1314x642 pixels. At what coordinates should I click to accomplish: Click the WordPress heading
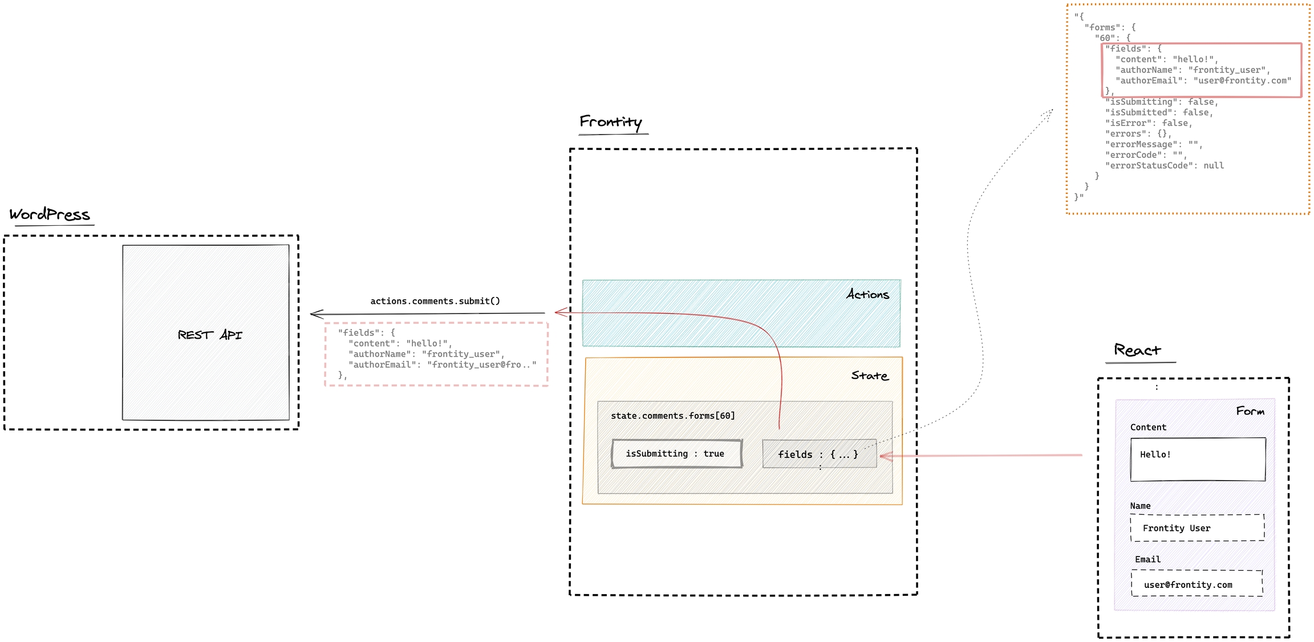pos(50,214)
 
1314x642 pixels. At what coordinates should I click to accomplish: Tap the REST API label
pos(210,335)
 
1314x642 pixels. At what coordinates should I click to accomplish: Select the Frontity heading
pos(611,122)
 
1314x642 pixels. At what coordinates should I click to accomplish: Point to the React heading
pos(1137,350)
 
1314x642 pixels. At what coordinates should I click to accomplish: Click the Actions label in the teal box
pos(867,294)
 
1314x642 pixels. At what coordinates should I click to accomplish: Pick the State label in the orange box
pos(870,375)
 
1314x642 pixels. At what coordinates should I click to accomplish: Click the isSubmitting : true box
pos(676,454)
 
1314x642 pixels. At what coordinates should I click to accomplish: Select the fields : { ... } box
pos(819,454)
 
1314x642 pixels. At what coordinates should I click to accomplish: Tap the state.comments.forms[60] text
pos(673,416)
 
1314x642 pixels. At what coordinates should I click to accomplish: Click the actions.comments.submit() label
pos(435,301)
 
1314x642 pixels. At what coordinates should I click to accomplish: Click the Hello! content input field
pos(1198,460)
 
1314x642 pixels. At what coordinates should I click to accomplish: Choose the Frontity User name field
pos(1197,528)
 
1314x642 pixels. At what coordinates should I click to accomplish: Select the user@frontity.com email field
pos(1197,584)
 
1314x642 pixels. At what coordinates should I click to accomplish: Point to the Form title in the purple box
pos(1250,411)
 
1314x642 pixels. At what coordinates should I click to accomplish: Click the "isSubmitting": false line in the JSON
pos(1161,102)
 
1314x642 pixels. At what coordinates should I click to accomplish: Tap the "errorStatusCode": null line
pos(1164,165)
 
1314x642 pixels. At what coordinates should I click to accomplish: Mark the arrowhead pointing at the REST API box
pos(317,314)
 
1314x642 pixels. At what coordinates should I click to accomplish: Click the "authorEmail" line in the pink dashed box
pos(443,365)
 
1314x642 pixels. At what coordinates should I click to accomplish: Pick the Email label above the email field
pos(1147,559)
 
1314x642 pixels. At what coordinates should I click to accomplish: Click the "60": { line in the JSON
pos(1112,38)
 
